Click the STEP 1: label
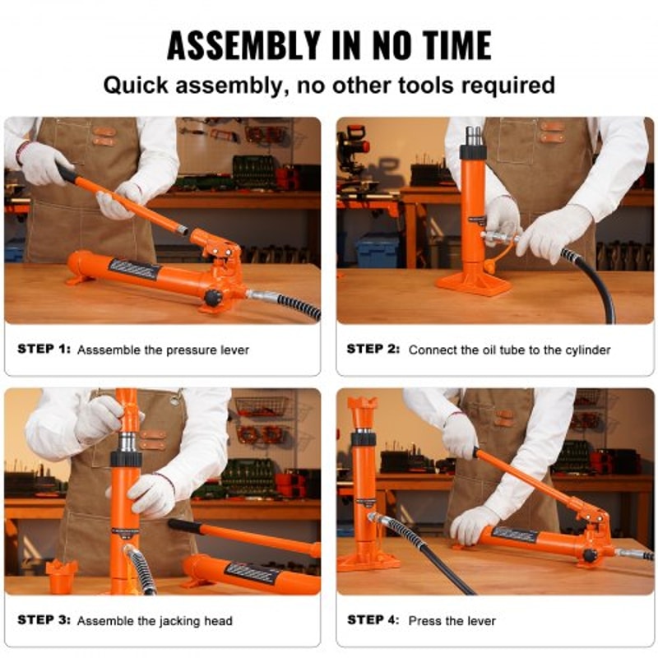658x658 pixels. (x=44, y=350)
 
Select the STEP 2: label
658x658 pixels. (x=373, y=350)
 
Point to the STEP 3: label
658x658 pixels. (x=44, y=621)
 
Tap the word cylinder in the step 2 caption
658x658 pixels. (x=585, y=350)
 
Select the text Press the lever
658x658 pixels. (x=452, y=620)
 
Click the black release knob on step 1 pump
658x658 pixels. (x=214, y=298)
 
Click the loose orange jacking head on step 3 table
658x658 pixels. (x=62, y=575)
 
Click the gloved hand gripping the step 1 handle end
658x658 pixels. (x=43, y=163)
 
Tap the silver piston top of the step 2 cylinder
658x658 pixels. (x=474, y=136)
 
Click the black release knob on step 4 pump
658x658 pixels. (x=590, y=555)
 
